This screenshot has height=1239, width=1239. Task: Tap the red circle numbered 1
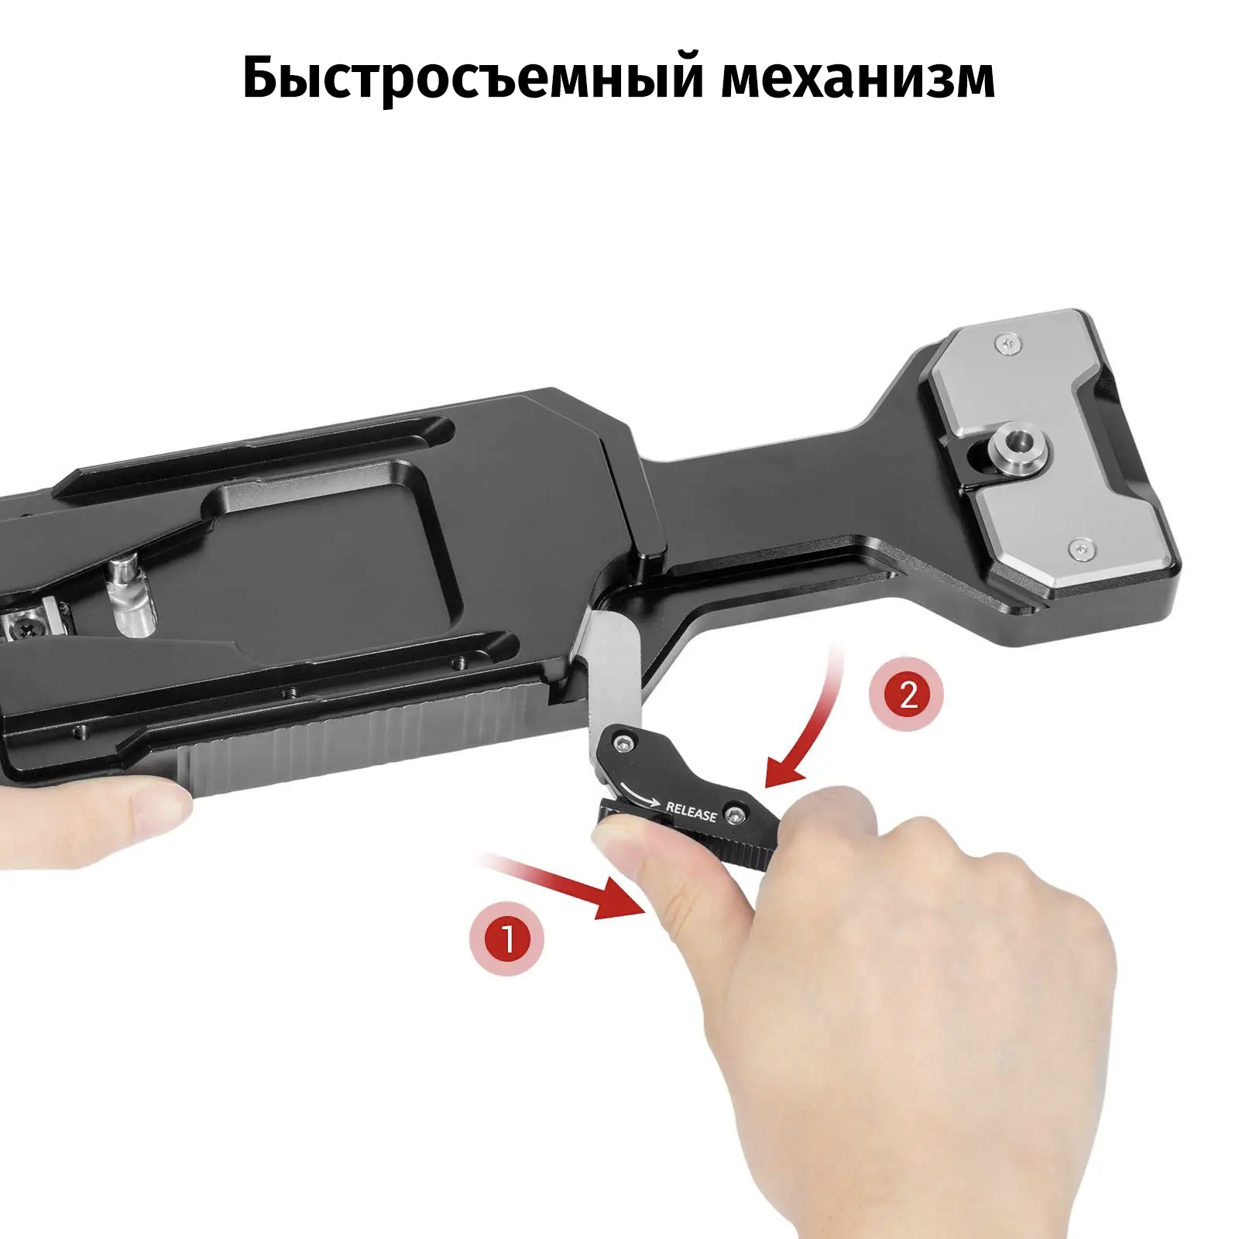pos(507,940)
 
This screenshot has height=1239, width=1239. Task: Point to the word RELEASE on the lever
pos(692,813)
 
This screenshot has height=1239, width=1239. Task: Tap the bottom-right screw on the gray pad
pos(1083,547)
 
